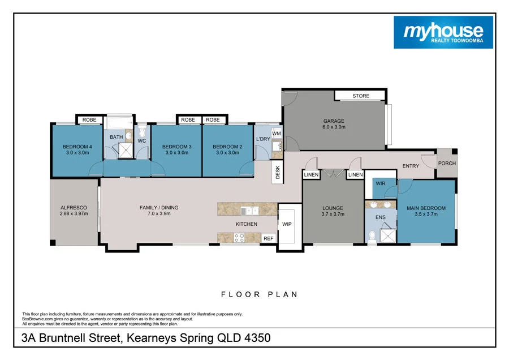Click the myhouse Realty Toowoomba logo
tap(443, 32)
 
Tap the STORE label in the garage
tap(360, 96)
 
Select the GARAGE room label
tap(334, 121)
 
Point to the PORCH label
tap(447, 164)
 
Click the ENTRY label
tap(411, 166)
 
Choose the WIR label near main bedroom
tap(381, 184)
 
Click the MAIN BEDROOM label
tap(426, 208)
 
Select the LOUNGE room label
tap(333, 208)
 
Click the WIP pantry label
tap(286, 224)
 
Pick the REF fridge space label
tap(268, 239)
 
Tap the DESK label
tap(278, 172)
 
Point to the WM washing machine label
tap(276, 133)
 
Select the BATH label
tap(116, 137)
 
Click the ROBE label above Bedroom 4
tap(89, 120)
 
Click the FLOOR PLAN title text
tap(259, 294)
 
